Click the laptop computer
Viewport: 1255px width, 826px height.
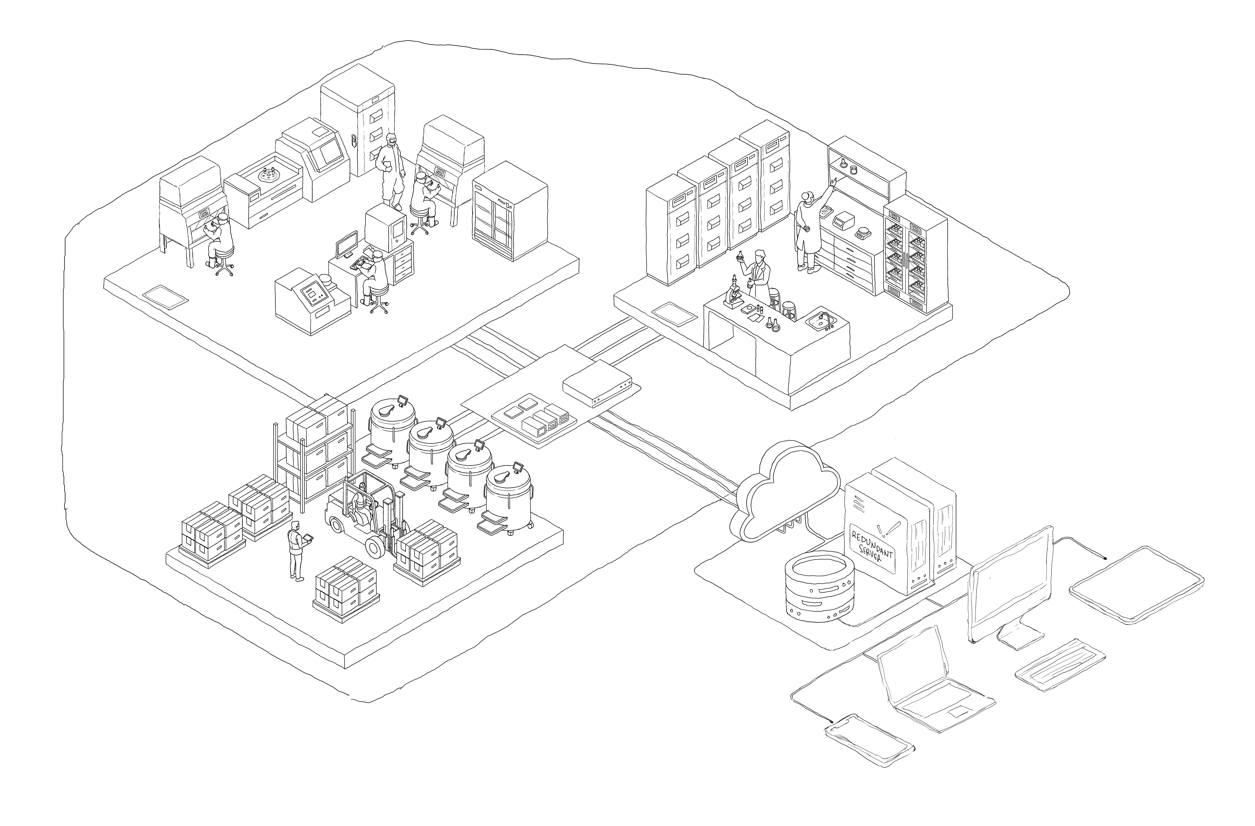click(928, 680)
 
